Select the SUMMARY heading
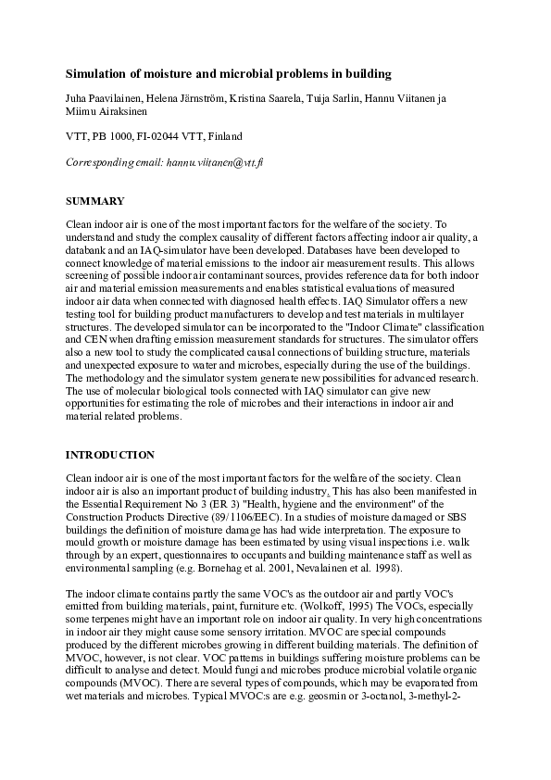pos(94,201)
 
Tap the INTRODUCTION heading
pos(109,455)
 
